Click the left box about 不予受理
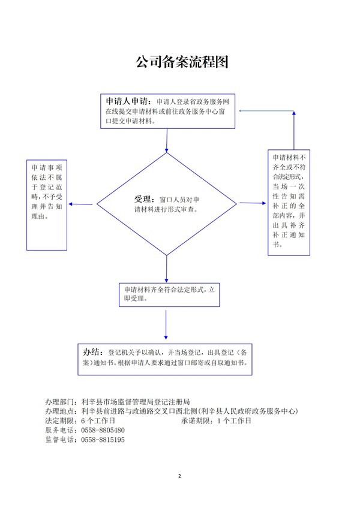pos(47,204)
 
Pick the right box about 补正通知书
pos(289,203)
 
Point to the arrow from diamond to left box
pos(82,204)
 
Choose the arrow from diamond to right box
pos(252,203)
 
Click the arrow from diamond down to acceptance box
pos(167,267)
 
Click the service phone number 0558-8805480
pos(103,430)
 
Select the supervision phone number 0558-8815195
pos(103,440)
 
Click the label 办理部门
pos(61,402)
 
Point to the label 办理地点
pos(61,411)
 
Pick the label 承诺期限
pos(196,421)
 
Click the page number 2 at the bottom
pos(179,476)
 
